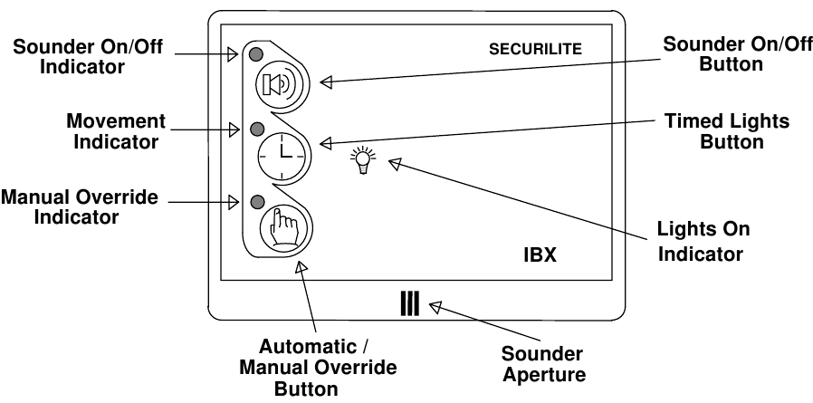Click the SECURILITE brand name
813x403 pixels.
[x=535, y=48]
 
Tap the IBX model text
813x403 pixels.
[x=539, y=255]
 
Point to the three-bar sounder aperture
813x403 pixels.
[x=409, y=302]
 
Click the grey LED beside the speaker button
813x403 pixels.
[x=258, y=53]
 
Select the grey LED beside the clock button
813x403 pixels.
[x=258, y=127]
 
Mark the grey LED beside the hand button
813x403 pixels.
[x=258, y=200]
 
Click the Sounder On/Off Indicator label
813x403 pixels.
[x=87, y=57]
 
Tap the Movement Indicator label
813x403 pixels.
[x=117, y=131]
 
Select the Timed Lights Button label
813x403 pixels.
[x=713, y=131]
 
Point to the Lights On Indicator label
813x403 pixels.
[x=700, y=241]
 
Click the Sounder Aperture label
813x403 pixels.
[x=543, y=364]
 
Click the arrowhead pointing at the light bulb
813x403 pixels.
[x=395, y=163]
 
